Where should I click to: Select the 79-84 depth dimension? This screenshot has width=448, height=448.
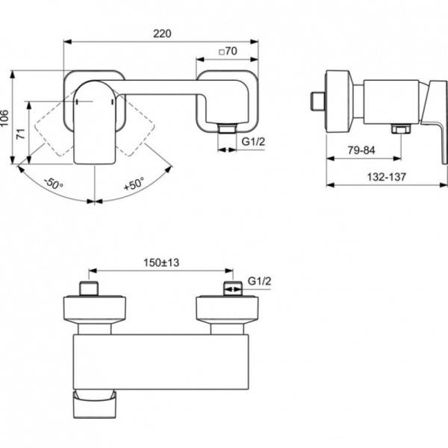click(x=361, y=151)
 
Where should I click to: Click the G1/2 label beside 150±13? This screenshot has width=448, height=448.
click(x=258, y=281)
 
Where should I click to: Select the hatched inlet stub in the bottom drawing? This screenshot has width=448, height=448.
click(x=231, y=288)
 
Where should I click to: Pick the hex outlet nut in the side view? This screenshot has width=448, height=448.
click(x=401, y=131)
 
